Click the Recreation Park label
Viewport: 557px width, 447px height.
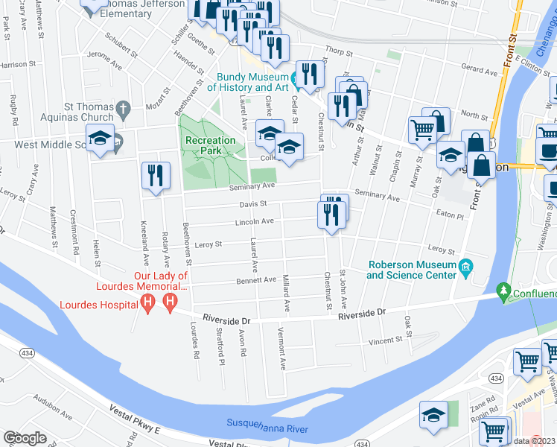pos(211,145)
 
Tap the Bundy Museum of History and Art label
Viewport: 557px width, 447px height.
pos(252,82)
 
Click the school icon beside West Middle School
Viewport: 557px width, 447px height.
pos(99,139)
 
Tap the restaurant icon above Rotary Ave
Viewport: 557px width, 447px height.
pos(153,176)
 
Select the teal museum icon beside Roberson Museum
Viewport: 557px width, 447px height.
pos(466,267)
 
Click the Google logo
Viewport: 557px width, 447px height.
pos(25,438)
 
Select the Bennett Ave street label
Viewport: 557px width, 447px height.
pos(257,280)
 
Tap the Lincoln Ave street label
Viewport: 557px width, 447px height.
pos(255,221)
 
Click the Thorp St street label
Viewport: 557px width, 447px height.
pos(337,52)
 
